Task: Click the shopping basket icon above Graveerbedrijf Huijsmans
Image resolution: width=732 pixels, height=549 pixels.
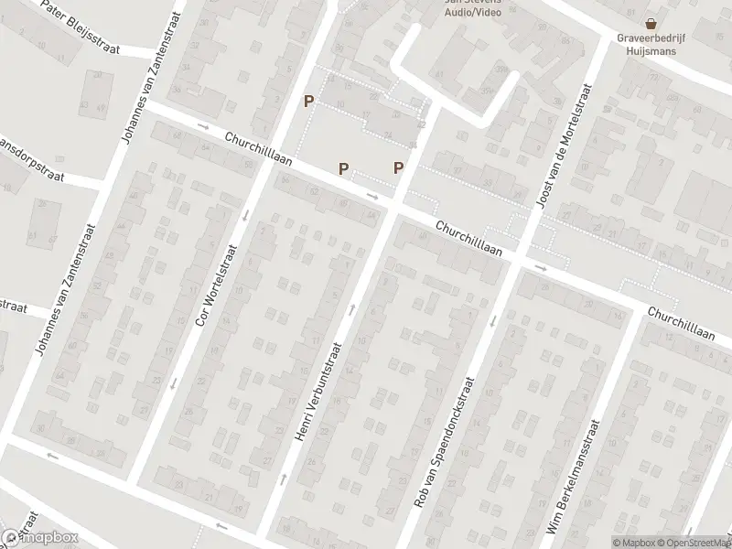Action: point(651,23)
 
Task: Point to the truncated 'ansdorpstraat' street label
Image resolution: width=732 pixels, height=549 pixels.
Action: point(31,160)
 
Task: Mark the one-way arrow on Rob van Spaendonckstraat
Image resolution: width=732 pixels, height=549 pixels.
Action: point(492,319)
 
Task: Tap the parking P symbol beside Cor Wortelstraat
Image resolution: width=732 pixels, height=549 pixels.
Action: point(309,102)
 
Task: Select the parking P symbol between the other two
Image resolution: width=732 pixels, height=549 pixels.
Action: point(343,167)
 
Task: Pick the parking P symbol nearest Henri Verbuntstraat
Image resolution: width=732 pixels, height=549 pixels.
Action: point(398,167)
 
